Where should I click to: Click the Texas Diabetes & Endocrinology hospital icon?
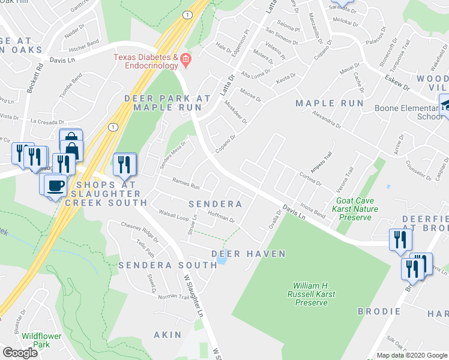coord(186,58)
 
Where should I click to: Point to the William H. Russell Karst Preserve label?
coord(310,294)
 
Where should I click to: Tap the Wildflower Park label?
coord(41,340)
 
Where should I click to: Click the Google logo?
coord(20,353)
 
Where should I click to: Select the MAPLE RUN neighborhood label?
coord(330,103)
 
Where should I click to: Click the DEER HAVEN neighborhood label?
coord(249,254)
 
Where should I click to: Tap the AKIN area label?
coord(167,334)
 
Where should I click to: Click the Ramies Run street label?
coord(186,185)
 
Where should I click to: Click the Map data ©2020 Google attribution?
coord(411,355)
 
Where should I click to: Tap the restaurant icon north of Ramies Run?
coord(125,163)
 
